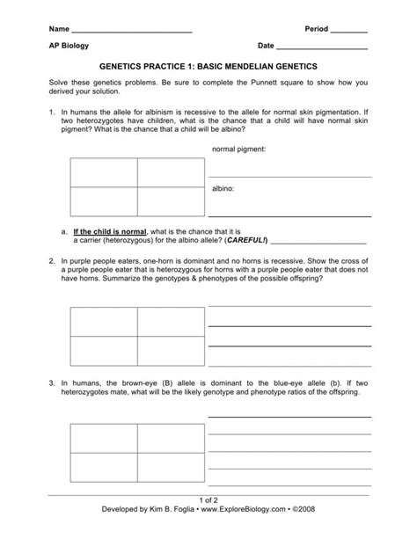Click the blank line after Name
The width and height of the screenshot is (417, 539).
click(x=132, y=33)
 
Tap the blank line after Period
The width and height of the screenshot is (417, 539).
click(x=349, y=33)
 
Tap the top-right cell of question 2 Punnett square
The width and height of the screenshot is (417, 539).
click(x=170, y=322)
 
